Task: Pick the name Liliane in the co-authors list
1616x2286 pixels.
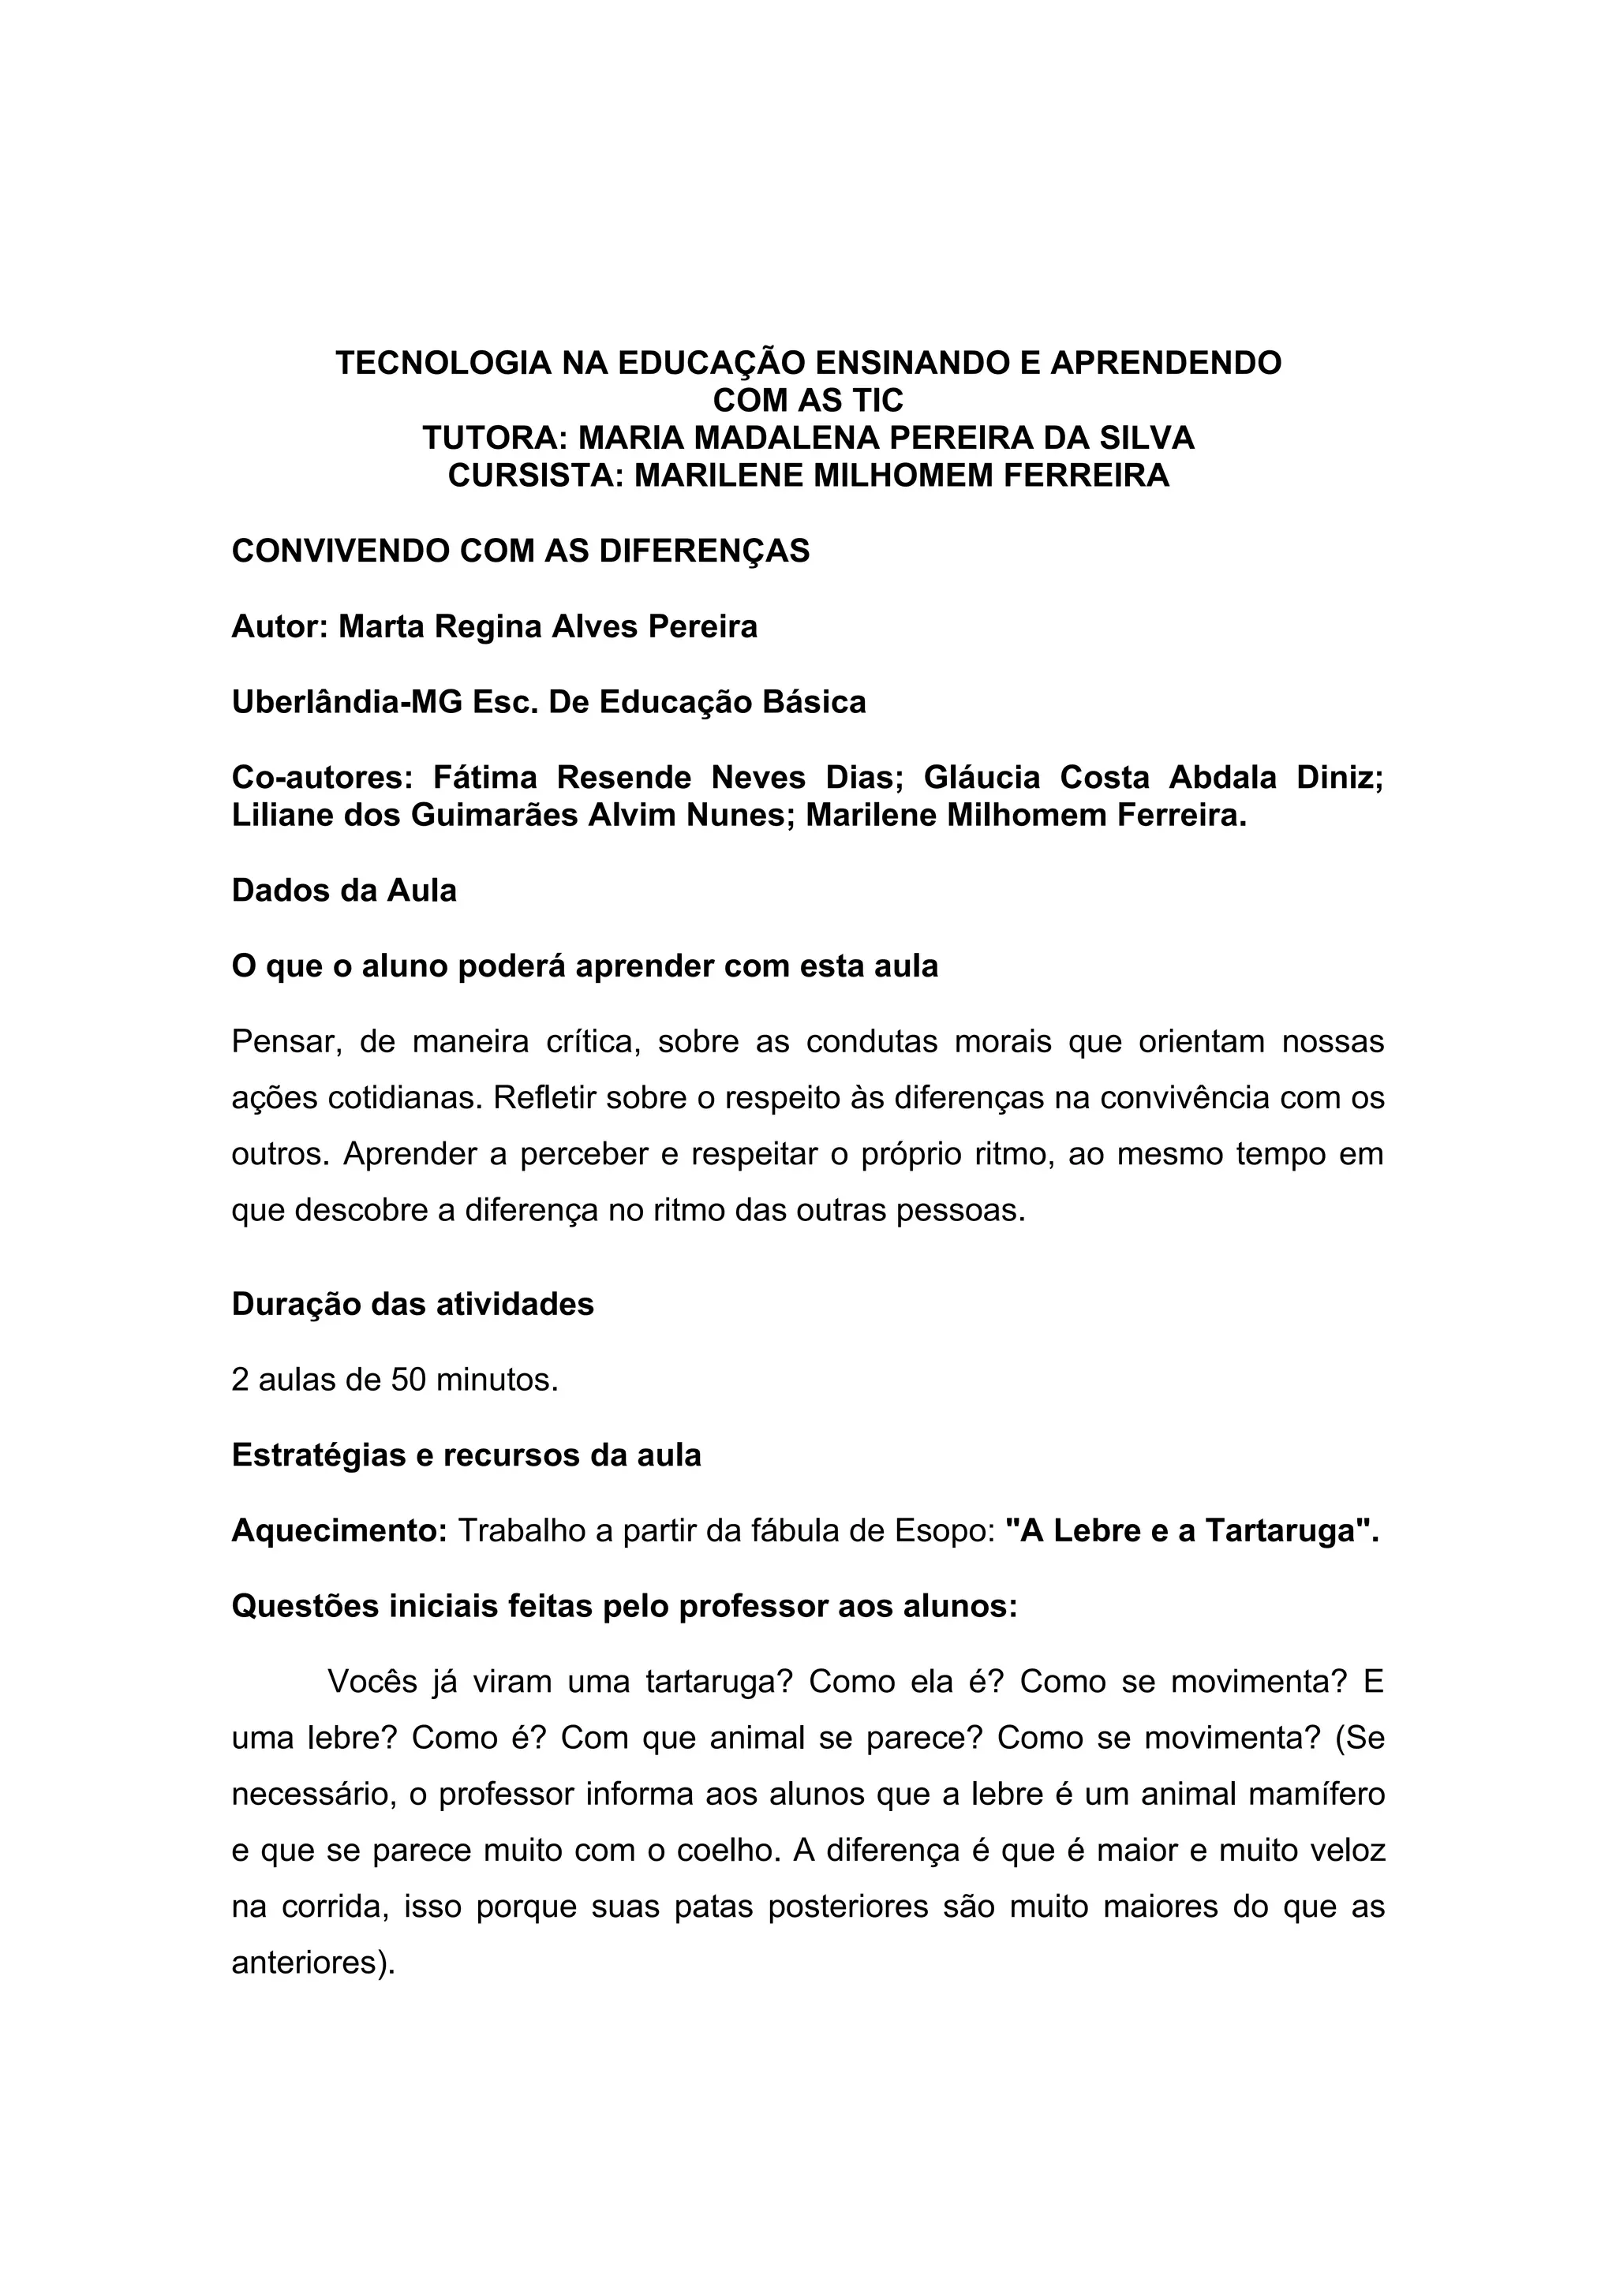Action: [282, 816]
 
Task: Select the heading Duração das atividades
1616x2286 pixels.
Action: [412, 1304]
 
